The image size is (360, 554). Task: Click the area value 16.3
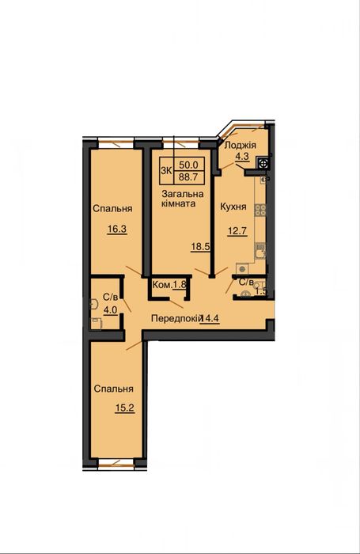(117, 229)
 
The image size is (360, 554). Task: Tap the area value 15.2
(124, 408)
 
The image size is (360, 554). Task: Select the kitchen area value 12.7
(237, 231)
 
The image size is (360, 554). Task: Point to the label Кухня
(233, 207)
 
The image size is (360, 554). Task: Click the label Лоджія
(241, 145)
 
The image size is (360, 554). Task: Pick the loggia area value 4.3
(242, 156)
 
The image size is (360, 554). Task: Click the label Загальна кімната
(182, 199)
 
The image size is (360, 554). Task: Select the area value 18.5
(200, 247)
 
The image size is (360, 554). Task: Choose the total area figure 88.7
(188, 176)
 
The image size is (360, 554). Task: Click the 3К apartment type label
(166, 170)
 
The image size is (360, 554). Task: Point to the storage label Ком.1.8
(169, 284)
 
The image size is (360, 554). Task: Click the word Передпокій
(176, 318)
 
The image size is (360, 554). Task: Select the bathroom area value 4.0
(110, 310)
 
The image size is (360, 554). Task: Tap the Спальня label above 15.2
(113, 389)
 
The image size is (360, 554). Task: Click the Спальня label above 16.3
(112, 208)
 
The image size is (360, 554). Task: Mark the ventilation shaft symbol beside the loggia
(263, 163)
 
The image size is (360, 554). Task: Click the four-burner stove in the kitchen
(261, 210)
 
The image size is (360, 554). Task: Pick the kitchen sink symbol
(260, 251)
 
